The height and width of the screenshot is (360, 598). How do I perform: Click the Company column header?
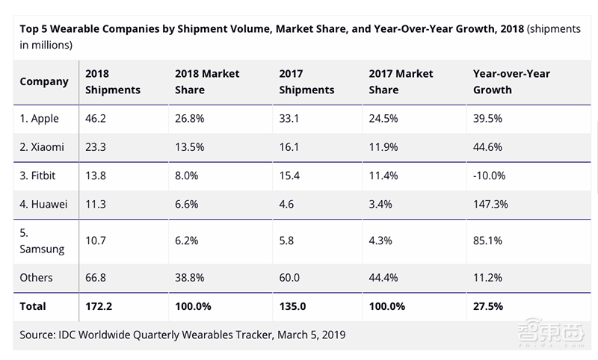(43, 81)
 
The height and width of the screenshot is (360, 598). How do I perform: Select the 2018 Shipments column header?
(113, 81)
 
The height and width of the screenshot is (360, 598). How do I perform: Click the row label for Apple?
(40, 119)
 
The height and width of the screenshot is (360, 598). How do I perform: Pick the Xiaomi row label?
(42, 147)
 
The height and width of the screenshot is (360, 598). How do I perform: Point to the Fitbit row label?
(39, 176)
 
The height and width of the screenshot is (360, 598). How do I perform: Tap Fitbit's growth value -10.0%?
(490, 176)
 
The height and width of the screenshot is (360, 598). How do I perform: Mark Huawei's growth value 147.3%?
(490, 204)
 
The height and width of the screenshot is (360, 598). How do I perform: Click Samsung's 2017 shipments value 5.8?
(287, 241)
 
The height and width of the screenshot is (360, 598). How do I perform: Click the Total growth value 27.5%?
(488, 306)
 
